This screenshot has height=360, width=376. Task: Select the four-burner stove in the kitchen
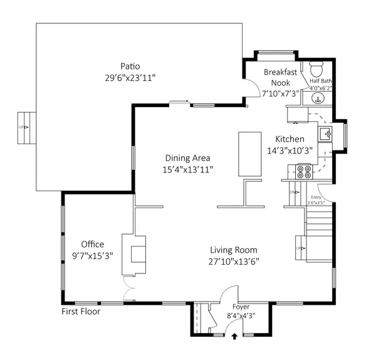coord(304,171)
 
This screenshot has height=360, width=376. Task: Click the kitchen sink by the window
coord(326,134)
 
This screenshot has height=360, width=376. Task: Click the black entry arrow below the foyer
coord(235,337)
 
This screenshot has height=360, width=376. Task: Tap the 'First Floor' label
coord(81,311)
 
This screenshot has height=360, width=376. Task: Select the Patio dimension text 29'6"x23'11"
coord(130,78)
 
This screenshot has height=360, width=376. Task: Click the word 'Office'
coord(92,244)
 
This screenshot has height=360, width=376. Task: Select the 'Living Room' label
coord(233,250)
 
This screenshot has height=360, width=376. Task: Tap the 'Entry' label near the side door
coord(316,198)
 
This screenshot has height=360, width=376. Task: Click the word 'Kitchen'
coord(290,139)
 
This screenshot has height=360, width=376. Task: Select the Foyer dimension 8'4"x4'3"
coord(241,316)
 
